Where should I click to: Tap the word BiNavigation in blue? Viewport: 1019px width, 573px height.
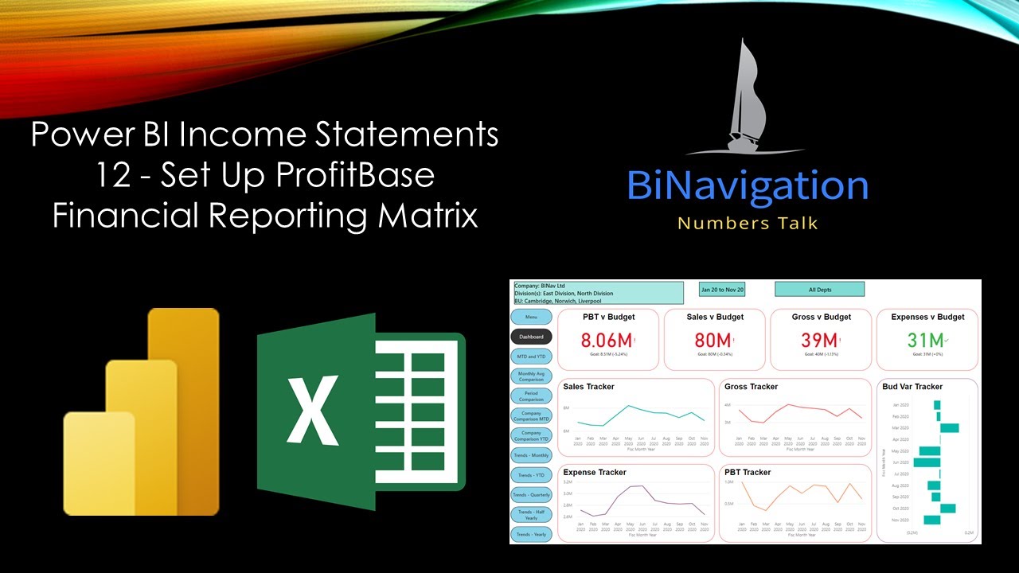[x=747, y=185]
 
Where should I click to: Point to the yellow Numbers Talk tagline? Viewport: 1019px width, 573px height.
[x=747, y=223]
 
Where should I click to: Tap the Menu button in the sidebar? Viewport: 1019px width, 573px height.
[x=531, y=318]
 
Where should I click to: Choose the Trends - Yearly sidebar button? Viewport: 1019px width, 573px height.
[x=531, y=534]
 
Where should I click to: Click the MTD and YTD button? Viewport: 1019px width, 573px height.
[x=531, y=357]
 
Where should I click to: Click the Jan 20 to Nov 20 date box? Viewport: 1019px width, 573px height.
[x=722, y=290]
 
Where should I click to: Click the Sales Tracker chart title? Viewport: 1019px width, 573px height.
[x=588, y=387]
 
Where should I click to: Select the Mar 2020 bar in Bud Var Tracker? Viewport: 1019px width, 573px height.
[x=949, y=427]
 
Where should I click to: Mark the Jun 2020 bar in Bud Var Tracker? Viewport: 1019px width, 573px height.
[x=927, y=462]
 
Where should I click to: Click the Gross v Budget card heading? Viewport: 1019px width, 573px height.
[x=821, y=317]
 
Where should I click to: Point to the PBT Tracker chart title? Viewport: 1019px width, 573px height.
[x=748, y=473]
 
